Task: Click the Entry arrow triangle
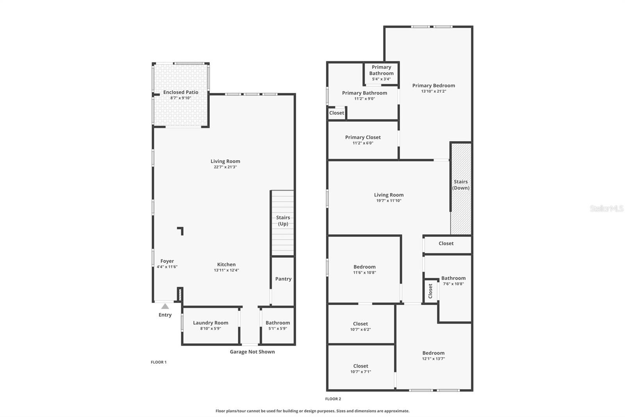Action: click(165, 306)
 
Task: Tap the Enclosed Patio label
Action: click(181, 92)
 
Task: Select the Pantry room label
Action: click(283, 279)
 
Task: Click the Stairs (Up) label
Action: click(283, 221)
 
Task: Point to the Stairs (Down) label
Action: click(461, 185)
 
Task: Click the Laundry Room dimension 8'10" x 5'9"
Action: click(211, 329)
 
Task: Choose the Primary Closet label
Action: click(363, 137)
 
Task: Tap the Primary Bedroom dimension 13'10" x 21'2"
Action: click(434, 91)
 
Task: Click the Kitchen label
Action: click(226, 264)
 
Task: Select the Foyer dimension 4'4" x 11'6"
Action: click(167, 267)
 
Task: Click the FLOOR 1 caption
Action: click(159, 362)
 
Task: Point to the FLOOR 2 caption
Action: click(333, 399)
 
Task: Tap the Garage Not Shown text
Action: click(252, 352)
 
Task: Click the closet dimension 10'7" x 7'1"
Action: click(361, 372)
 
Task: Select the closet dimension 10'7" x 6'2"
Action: click(361, 329)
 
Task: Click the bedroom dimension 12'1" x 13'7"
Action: click(433, 359)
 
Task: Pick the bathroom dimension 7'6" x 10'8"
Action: click(454, 284)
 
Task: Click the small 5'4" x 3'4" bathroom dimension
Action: click(381, 79)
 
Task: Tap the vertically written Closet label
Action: click(430, 291)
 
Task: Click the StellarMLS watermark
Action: click(607, 208)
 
